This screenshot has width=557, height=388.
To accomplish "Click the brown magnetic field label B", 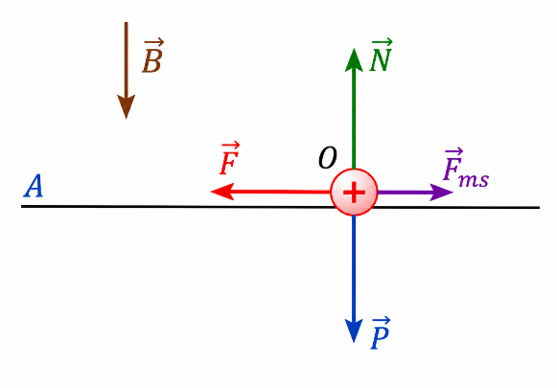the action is click(x=152, y=57).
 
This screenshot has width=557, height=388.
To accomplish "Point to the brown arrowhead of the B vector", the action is click(x=127, y=106).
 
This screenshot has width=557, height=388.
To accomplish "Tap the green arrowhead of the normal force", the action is click(x=354, y=59).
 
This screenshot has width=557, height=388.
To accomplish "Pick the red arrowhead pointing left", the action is click(x=222, y=192).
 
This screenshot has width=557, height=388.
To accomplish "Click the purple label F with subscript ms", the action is click(x=466, y=168).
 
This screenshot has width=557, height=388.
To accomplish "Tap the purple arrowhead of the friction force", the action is click(x=441, y=193).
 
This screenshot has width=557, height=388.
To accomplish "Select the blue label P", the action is click(x=380, y=333).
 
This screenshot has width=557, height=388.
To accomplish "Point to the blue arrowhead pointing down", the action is click(x=354, y=331).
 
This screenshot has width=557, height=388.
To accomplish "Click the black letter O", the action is click(x=327, y=158).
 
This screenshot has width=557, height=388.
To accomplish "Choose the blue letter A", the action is click(x=34, y=186).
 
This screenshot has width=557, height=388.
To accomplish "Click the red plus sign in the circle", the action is click(x=354, y=192).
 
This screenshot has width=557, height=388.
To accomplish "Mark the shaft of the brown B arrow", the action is click(x=127, y=59).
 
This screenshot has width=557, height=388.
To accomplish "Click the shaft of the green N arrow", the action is click(x=354, y=120).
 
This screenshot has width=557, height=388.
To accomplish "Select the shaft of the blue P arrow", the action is click(x=354, y=267).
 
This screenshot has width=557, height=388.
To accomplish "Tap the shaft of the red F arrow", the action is click(x=282, y=192).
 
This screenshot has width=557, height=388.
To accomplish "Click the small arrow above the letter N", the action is click(x=382, y=42).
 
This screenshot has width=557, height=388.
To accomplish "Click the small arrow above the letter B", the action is click(x=153, y=42).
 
